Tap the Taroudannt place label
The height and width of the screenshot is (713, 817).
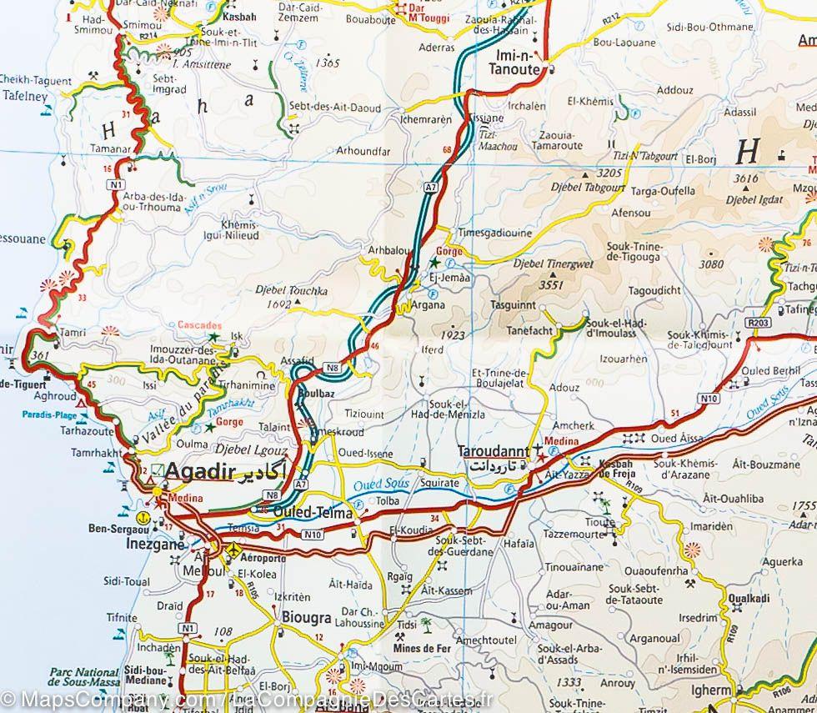(493, 451)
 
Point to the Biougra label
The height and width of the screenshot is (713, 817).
(308, 619)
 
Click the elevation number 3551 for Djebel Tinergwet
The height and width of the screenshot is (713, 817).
(551, 285)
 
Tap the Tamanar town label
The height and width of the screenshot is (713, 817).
(115, 148)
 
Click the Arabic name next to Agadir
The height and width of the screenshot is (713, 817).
(260, 473)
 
